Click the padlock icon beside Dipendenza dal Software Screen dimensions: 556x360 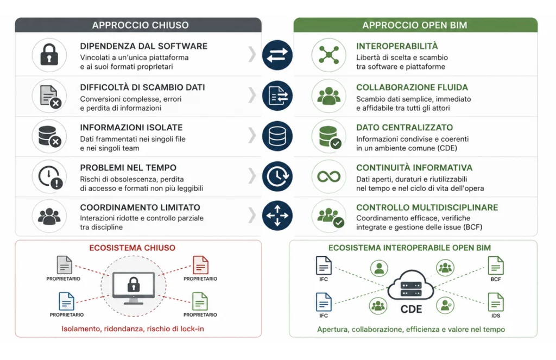[x=49, y=55]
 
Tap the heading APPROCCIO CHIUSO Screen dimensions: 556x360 [x=141, y=25]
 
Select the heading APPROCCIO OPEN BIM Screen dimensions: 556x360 [x=414, y=25]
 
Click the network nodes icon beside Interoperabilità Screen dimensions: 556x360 [x=328, y=55]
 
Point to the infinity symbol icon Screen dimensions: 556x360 [x=328, y=176]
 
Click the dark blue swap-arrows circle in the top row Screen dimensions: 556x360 [x=277, y=55]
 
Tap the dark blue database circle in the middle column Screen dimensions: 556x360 [x=277, y=136]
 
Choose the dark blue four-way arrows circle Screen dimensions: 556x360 [x=277, y=215]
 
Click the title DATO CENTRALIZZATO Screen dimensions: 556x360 [x=404, y=128]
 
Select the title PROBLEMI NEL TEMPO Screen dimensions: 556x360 [x=128, y=168]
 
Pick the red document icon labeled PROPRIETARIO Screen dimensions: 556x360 [x=200, y=265]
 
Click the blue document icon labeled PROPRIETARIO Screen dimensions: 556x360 [x=66, y=301]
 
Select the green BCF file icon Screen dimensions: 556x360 [x=496, y=266]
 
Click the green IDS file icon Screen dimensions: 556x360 [x=496, y=302]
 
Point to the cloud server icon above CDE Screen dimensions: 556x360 [x=410, y=286]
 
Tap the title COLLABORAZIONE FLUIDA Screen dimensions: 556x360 [x=412, y=87]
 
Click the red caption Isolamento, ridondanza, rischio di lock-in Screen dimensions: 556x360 [x=132, y=329]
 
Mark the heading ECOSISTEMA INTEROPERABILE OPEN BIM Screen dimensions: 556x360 [x=409, y=248]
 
